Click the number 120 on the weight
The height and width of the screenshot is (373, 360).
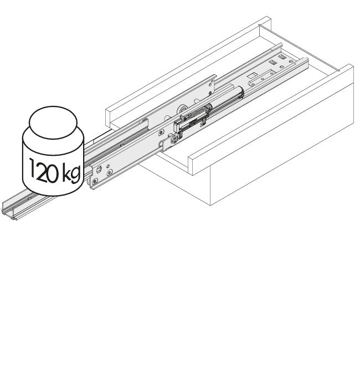44,170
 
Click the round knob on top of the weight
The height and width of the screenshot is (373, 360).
53,122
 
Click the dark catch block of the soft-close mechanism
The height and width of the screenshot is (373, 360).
178,125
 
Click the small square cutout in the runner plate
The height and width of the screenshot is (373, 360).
251,76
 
